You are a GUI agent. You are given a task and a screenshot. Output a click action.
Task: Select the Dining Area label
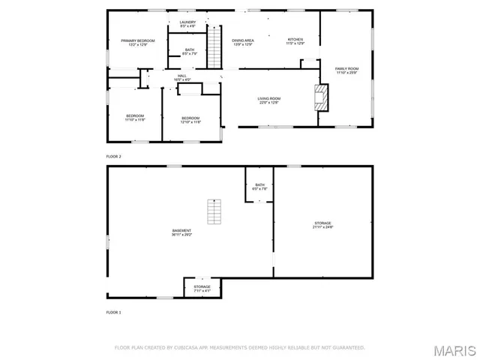pyautogui.click(x=243, y=42)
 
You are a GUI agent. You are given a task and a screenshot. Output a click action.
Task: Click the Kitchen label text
pyautogui.click(x=295, y=40)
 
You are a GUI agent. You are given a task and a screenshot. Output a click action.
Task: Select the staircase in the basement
pyautogui.click(x=215, y=212)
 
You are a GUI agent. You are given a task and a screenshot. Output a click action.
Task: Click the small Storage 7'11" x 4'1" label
pyautogui.click(x=202, y=288)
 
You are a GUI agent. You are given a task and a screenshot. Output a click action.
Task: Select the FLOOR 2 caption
pyautogui.click(x=113, y=156)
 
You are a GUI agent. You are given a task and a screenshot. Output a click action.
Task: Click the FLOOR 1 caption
pyautogui.click(x=113, y=311)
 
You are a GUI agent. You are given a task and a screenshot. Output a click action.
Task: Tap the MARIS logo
pyautogui.click(x=454, y=350)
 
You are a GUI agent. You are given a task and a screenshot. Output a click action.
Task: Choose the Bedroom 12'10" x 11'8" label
pyautogui.click(x=190, y=119)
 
